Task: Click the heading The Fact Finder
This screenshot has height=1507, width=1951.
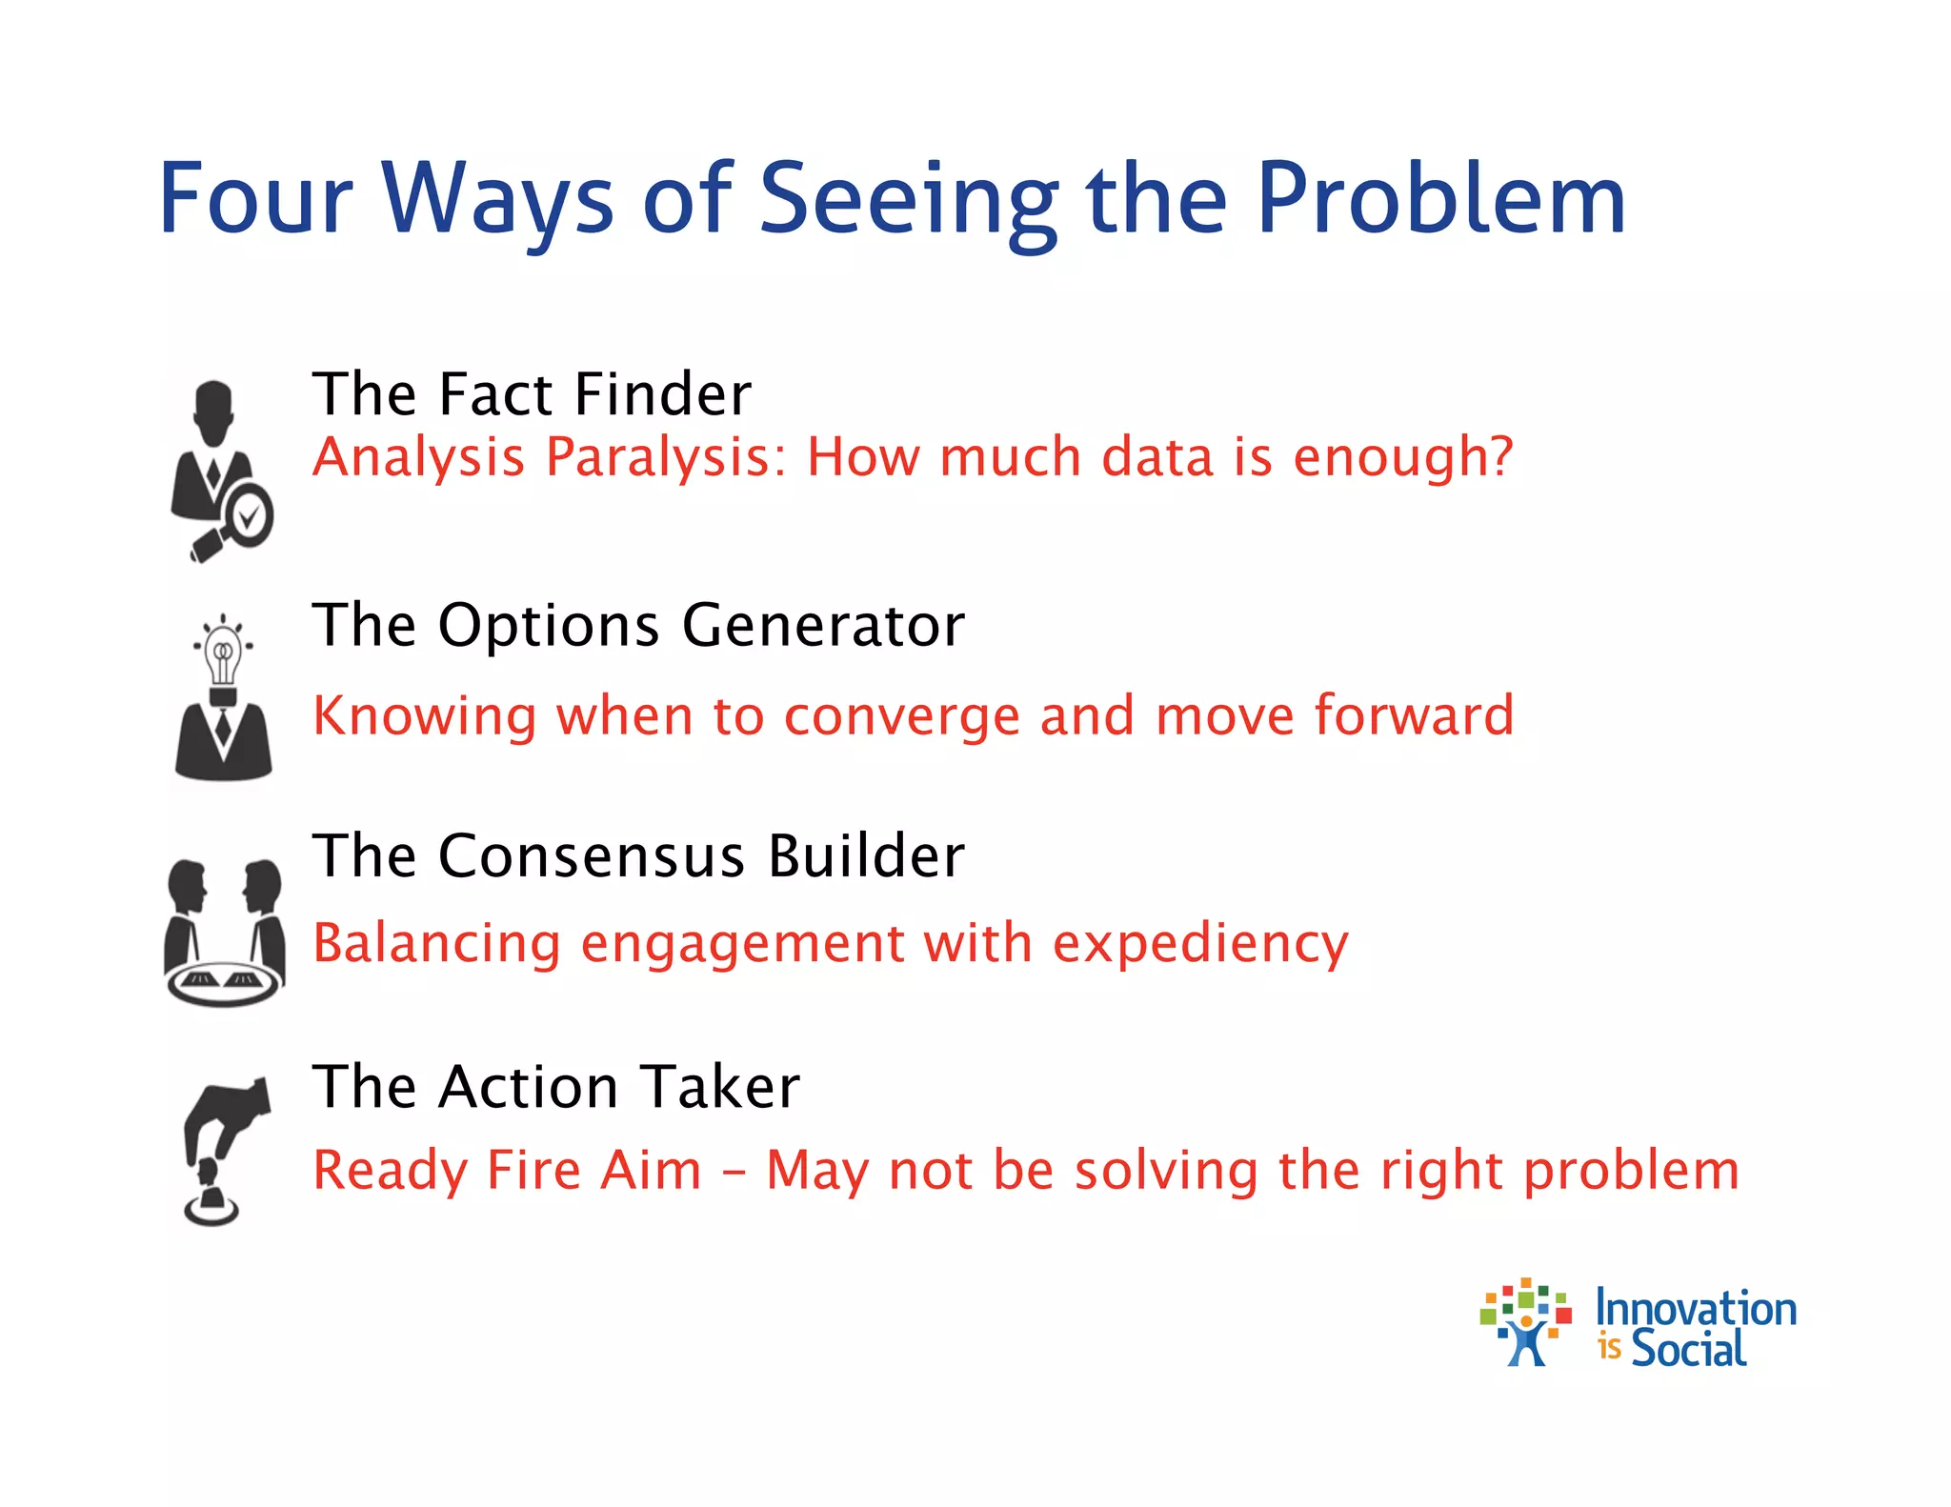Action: (x=532, y=393)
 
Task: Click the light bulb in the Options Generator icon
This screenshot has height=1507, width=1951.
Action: (x=223, y=653)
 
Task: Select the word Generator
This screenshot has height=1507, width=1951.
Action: (x=823, y=626)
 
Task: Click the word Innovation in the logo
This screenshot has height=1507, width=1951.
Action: (x=1696, y=1309)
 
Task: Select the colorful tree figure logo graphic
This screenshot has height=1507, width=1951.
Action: (x=1525, y=1322)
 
